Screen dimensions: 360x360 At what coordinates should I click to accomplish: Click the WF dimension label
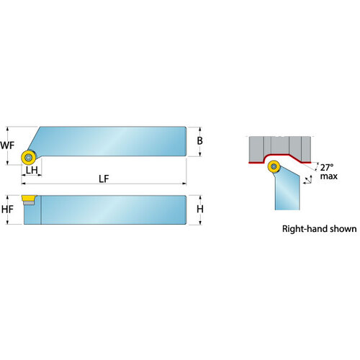(7, 145)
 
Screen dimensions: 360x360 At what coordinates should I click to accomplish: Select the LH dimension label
(32, 170)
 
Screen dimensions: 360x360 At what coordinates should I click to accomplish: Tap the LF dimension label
(104, 179)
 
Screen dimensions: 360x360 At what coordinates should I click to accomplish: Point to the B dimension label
(199, 140)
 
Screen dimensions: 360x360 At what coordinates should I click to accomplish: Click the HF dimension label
(7, 210)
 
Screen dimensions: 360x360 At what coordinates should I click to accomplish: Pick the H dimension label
(200, 210)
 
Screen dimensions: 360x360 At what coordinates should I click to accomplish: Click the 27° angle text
(327, 167)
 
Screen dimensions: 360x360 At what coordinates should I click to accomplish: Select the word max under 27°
(329, 176)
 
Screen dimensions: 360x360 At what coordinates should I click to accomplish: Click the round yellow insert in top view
(28, 157)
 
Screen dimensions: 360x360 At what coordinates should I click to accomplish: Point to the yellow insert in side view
(29, 198)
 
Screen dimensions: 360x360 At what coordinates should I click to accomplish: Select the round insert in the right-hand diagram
(274, 166)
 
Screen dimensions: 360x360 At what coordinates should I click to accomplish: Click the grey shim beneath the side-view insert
(29, 203)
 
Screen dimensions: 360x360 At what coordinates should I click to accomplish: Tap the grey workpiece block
(280, 149)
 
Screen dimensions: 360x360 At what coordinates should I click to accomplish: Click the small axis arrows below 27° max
(307, 180)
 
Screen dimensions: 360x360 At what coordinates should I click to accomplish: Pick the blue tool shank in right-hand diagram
(287, 189)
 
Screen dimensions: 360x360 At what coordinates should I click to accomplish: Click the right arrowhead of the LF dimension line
(184, 184)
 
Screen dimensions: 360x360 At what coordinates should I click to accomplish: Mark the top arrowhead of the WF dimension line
(8, 128)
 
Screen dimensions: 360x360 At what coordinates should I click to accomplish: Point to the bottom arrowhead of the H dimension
(200, 222)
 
